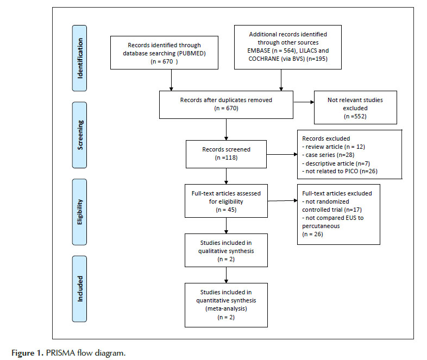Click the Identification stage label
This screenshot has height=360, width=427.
[80, 58]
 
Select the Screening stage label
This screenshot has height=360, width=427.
[80, 135]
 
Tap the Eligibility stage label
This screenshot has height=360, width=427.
[79, 212]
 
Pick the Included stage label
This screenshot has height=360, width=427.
[80, 289]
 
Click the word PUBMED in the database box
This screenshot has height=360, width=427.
[191, 53]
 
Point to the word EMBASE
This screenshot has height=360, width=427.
[259, 50]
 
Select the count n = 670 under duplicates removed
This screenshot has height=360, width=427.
[226, 108]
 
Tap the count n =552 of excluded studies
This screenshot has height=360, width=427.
[355, 116]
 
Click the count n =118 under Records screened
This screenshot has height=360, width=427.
[226, 158]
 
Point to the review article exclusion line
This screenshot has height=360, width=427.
[334, 147]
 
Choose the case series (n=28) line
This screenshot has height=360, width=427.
[328, 155]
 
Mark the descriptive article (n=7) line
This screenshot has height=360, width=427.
[336, 163]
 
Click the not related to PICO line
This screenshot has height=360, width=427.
[340, 171]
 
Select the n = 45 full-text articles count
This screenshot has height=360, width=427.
[226, 210]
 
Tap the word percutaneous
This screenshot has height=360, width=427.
[321, 226]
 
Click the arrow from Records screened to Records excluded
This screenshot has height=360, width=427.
[282, 154]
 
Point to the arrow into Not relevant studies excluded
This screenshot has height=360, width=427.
[304, 102]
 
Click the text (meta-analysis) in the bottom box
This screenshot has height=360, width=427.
[226, 308]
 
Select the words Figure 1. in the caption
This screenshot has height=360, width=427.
[28, 353]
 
